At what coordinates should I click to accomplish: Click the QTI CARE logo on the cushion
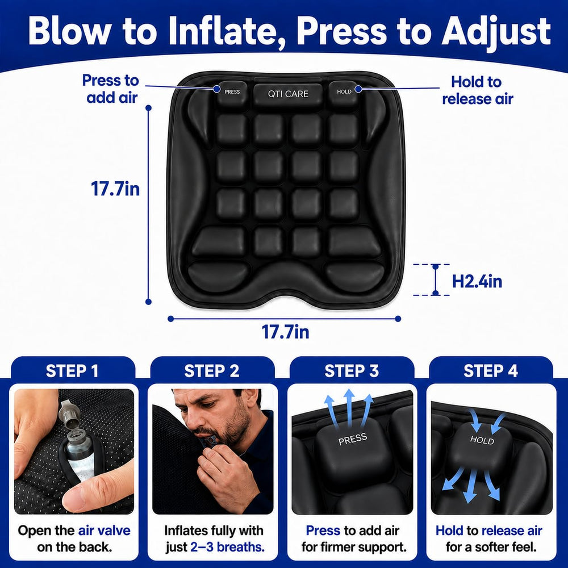[x=288, y=94]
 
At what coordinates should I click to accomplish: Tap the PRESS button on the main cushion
[x=232, y=92]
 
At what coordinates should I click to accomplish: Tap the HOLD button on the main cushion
[x=344, y=91]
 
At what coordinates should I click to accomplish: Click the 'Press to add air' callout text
[x=111, y=89]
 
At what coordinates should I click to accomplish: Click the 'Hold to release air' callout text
[x=478, y=90]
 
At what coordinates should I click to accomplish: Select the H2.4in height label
[x=477, y=281]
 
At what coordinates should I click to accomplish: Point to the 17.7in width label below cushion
[x=286, y=332]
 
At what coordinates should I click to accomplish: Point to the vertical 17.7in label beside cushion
[x=115, y=189]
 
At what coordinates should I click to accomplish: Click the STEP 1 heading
[x=72, y=371]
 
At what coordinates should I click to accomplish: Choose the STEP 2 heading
[x=212, y=371]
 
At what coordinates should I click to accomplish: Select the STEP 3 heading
[x=352, y=371]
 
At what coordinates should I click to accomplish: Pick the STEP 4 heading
[x=491, y=371]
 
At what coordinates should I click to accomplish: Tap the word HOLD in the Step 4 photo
[x=482, y=440]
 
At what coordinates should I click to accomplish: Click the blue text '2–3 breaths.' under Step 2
[x=228, y=546]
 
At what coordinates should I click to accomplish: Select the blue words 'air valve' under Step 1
[x=105, y=531]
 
